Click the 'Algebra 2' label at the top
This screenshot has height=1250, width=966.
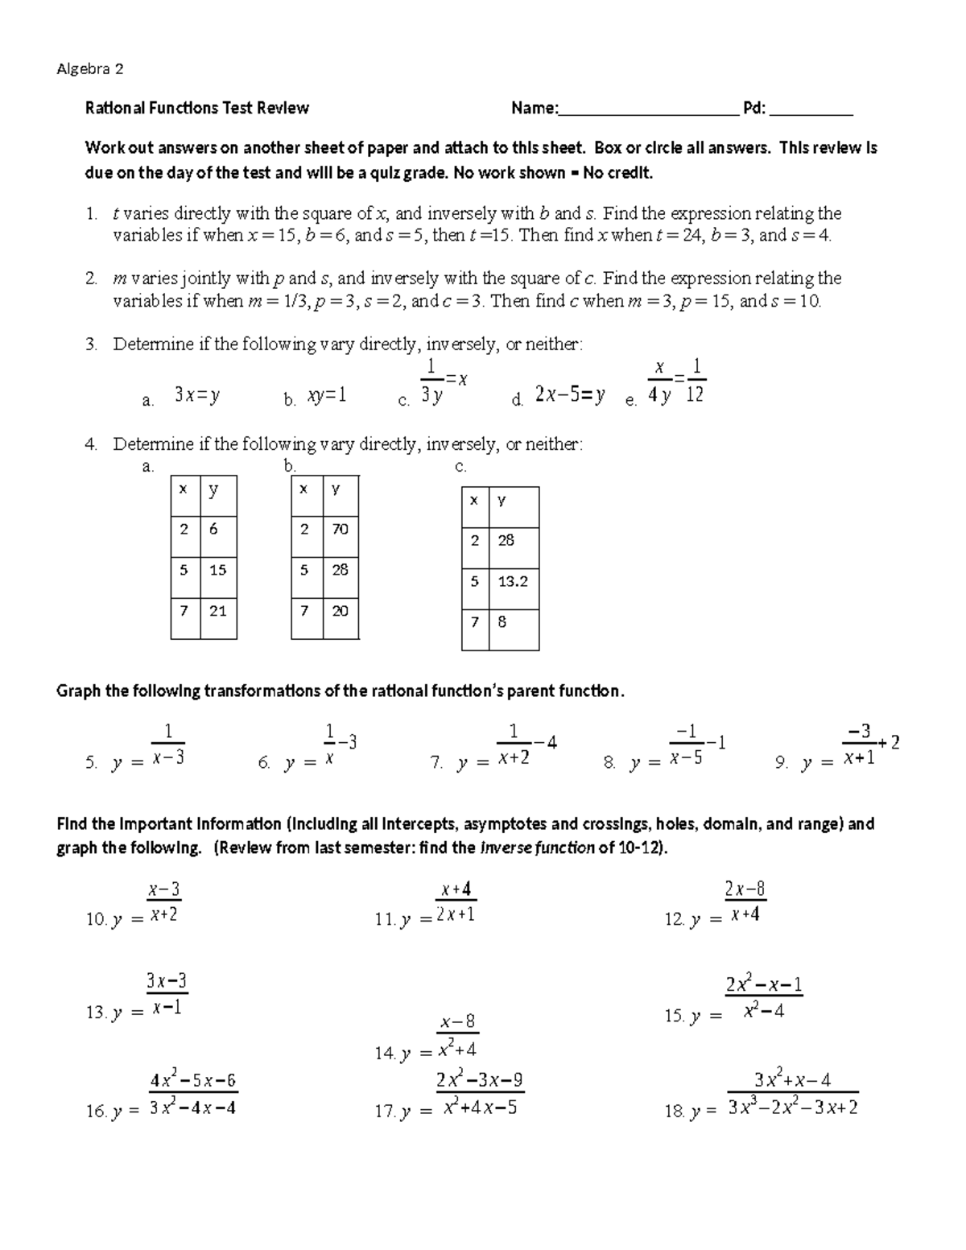(x=90, y=69)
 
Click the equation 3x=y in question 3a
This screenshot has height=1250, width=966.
(x=197, y=395)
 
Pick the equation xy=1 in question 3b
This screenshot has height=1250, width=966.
(x=326, y=396)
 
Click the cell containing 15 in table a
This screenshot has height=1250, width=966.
(x=218, y=570)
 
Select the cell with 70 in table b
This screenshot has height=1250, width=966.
(x=341, y=529)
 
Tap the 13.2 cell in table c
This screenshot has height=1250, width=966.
(x=513, y=580)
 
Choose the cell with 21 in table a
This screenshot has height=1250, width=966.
(x=218, y=611)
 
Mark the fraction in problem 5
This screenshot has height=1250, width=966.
(x=168, y=745)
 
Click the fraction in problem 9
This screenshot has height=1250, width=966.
(x=859, y=745)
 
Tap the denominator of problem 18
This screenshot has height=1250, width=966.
(x=792, y=1108)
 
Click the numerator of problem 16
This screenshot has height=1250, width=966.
(x=193, y=1081)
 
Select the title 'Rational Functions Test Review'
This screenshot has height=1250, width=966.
(x=197, y=108)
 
